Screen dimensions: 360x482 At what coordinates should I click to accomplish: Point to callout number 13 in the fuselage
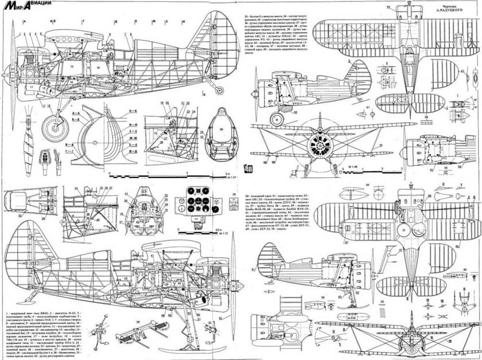click(x=71, y=67)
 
